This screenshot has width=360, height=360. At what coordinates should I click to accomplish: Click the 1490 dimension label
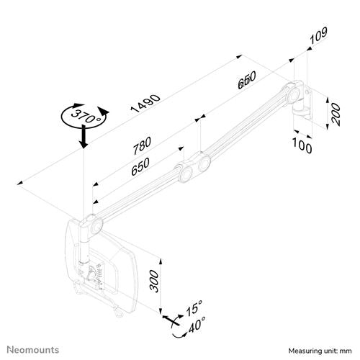pyautogui.click(x=145, y=103)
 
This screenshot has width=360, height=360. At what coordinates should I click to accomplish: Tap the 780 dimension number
pyautogui.click(x=142, y=145)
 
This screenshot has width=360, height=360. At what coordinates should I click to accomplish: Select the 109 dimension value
pyautogui.click(x=318, y=35)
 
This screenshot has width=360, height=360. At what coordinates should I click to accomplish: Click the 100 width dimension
pyautogui.click(x=302, y=145)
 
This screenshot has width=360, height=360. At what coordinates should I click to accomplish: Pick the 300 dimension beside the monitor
pyautogui.click(x=153, y=281)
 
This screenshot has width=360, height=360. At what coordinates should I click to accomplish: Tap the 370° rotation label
pyautogui.click(x=86, y=117)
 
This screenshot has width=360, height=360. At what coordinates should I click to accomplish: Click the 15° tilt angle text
pyautogui.click(x=194, y=308)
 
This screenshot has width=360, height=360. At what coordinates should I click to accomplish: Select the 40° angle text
pyautogui.click(x=197, y=325)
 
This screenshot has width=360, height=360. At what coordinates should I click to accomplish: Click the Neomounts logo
pyautogui.click(x=33, y=350)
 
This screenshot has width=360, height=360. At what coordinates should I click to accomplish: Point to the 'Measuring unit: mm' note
pyautogui.click(x=320, y=351)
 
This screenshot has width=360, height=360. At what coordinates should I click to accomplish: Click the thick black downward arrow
pyautogui.click(x=84, y=136)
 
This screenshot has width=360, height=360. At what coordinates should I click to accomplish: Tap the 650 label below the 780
pyautogui.click(x=140, y=166)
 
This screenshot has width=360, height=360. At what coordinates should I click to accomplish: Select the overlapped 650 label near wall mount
pyautogui.click(x=247, y=80)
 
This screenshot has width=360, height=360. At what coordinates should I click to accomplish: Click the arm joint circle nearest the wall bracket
pyautogui.click(x=294, y=95)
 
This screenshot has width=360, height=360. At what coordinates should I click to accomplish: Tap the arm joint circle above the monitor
pyautogui.click(x=96, y=228)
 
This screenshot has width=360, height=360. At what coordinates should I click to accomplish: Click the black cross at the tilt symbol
pyautogui.click(x=171, y=320)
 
